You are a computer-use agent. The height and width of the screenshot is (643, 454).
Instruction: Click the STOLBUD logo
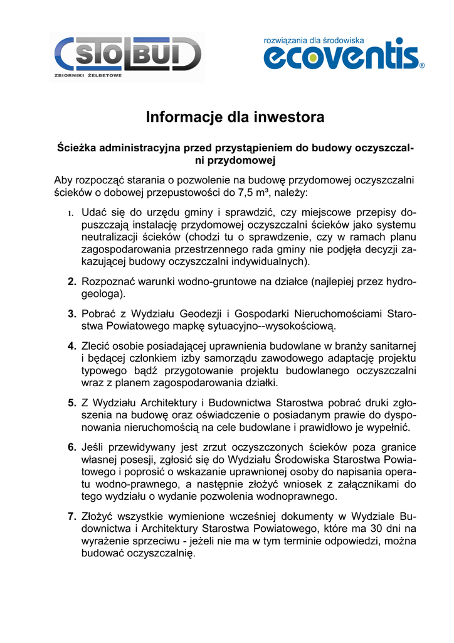tap(128, 55)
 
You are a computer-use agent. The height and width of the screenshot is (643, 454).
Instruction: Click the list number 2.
tap(72, 282)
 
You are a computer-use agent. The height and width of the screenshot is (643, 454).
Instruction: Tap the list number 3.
tap(72, 313)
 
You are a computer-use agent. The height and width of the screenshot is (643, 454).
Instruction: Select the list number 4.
tap(72, 345)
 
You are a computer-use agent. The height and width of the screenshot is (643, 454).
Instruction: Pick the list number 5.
tap(72, 403)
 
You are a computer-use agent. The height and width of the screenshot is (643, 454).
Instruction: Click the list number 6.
tap(72, 447)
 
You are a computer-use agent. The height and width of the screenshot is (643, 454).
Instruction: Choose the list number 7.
tap(72, 516)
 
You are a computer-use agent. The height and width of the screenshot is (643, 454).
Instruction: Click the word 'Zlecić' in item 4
tap(97, 345)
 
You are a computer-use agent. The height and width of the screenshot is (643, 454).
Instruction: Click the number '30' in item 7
tap(376, 529)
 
